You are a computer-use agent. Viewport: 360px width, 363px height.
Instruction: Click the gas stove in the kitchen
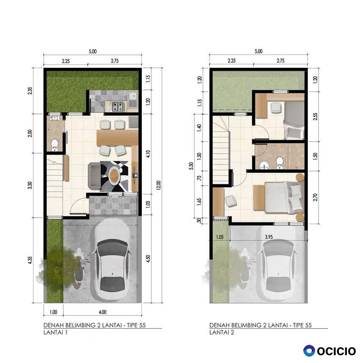pos(118,106)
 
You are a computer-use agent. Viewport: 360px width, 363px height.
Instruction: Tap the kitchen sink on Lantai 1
pos(133,100)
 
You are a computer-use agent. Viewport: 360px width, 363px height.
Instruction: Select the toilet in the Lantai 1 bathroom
pos(54,145)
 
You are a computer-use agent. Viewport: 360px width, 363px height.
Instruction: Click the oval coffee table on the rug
pos(114,176)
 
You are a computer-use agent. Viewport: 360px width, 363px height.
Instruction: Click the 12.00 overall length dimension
pos(158,185)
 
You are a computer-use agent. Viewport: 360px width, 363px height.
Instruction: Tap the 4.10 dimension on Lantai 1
pos(148,154)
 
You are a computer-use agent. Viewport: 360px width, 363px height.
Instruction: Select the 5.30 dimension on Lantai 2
pos(191,166)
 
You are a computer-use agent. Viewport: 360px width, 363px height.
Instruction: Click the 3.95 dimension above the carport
pos(269,237)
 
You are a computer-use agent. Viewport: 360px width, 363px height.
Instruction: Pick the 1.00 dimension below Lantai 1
pos(53,312)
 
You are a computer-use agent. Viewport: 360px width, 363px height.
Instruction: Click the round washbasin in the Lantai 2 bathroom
pos(263,165)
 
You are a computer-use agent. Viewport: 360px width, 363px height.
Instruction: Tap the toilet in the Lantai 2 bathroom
pos(280,163)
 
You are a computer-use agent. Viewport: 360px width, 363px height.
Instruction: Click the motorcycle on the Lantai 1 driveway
pos(79,267)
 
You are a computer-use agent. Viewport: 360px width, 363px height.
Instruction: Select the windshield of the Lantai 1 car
pos(112,247)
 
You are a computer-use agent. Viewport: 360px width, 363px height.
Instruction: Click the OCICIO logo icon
pos(309,350)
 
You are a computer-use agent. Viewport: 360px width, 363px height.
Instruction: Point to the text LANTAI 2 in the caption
pos(222,333)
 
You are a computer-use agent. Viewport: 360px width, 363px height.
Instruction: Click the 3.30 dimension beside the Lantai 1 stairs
pos(30,185)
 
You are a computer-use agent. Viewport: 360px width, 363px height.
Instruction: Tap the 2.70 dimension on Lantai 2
pos(315,197)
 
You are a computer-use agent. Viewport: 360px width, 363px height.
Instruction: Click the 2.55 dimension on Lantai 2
pos(315,116)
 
